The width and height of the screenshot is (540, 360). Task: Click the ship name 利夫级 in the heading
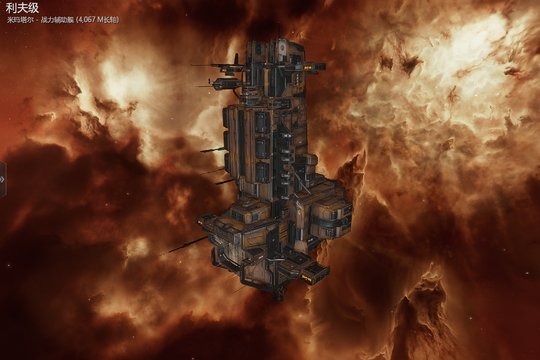pos(22,8)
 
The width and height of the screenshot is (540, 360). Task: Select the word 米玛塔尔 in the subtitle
pos(20,20)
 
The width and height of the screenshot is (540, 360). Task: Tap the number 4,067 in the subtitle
pos(87,20)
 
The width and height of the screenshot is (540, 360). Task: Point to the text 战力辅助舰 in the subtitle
pos(57,20)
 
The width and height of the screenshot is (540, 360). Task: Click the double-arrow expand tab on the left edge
pos(2,179)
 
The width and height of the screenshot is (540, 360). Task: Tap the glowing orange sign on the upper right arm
pos(308,68)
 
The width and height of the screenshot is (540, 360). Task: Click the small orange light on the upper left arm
pos(225,70)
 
